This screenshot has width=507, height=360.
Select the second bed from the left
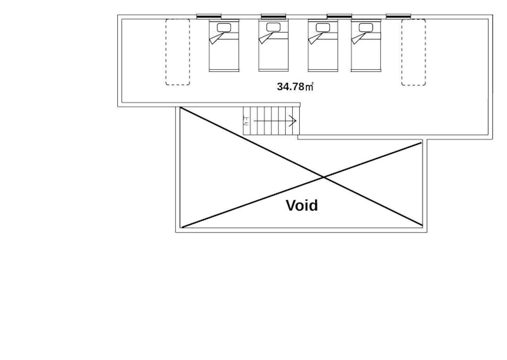(x=273, y=46)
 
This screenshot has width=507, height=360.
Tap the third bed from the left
(x=323, y=46)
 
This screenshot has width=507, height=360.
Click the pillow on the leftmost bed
(x=224, y=28)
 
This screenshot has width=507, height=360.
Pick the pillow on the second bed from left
(x=273, y=28)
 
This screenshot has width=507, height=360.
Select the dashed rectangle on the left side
(x=177, y=52)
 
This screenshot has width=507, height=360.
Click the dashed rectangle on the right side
(x=414, y=52)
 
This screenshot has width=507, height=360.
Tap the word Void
(x=302, y=206)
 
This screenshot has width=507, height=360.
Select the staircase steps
(x=271, y=121)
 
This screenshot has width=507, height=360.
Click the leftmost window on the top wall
(x=210, y=16)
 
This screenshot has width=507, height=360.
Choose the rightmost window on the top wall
(x=398, y=16)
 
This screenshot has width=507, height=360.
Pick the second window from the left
(x=274, y=16)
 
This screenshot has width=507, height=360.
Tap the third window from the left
(x=339, y=16)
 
